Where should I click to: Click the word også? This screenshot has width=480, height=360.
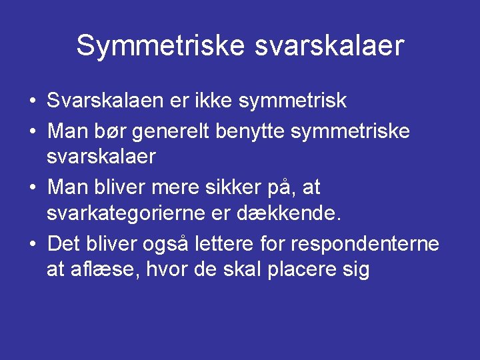(167, 244)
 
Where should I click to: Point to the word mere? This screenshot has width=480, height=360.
(193, 187)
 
